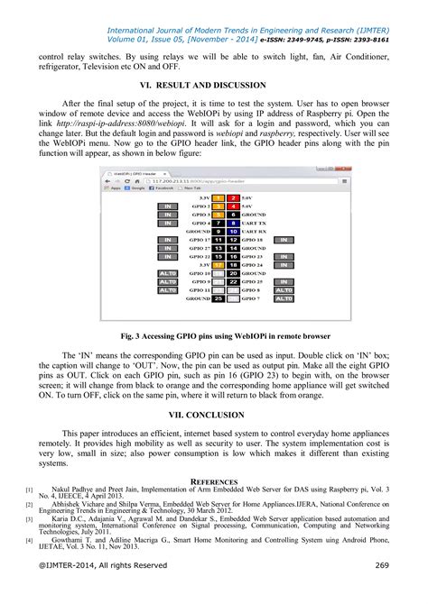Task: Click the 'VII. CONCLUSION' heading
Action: pyautogui.click(x=213, y=415)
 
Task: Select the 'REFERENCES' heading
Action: pyautogui.click(x=213, y=482)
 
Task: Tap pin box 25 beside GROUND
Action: pyautogui.click(x=218, y=298)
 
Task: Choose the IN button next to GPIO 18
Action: pyautogui.click(x=283, y=240)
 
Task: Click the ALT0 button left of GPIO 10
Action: pyautogui.click(x=167, y=272)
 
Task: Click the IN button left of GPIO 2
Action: pyautogui.click(x=167, y=206)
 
